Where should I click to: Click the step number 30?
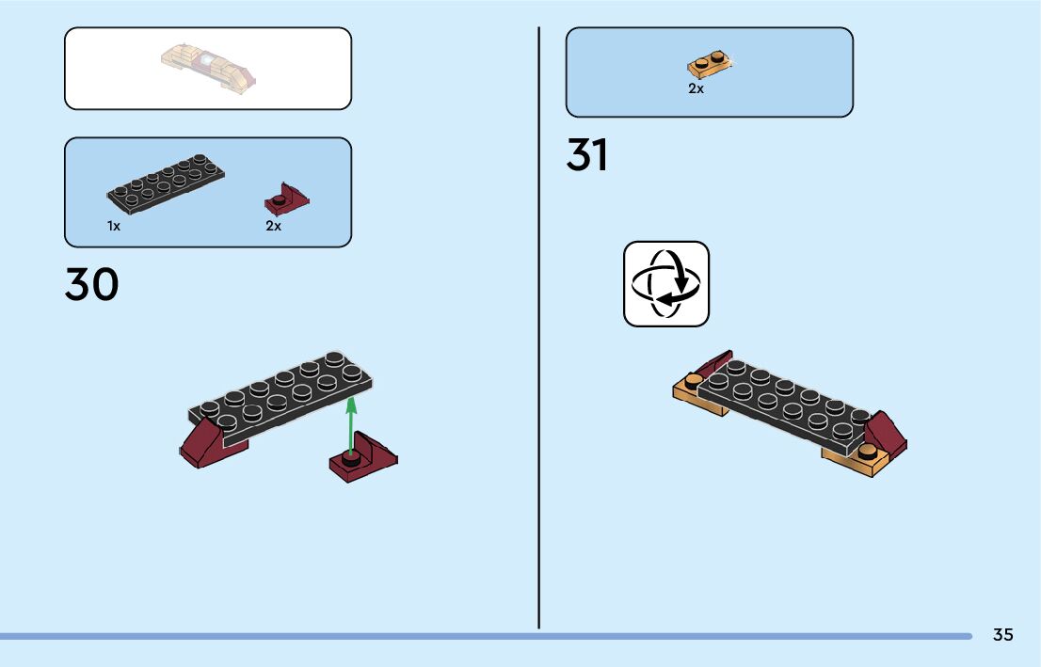tap(91, 285)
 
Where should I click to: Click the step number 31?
tap(586, 156)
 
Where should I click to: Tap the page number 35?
tap(1002, 635)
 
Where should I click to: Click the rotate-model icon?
tap(666, 284)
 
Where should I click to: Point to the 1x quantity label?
tap(113, 226)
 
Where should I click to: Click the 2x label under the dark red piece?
tap(273, 226)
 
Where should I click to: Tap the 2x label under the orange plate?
tap(696, 89)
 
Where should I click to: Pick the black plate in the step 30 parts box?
tap(166, 183)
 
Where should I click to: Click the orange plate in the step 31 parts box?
tap(711, 65)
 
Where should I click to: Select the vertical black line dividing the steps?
tap(538, 329)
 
